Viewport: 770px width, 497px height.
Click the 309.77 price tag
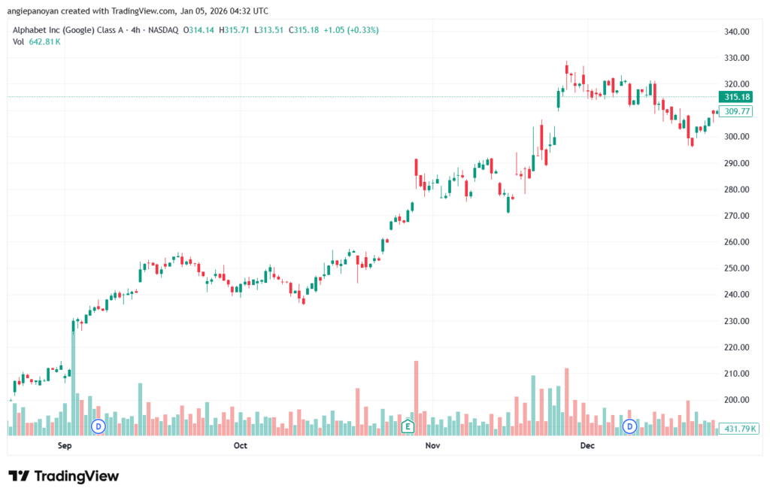pos(735,111)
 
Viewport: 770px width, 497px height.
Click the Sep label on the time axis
pos(64,446)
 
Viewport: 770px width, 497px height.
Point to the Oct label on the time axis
pos(240,446)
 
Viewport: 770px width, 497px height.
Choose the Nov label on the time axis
pos(432,446)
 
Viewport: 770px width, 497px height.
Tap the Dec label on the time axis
pos(588,446)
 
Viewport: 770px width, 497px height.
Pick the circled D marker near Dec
pos(629,427)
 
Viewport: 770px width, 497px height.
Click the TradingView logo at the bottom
pos(63,476)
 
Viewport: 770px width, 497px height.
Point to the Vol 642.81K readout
pos(37,41)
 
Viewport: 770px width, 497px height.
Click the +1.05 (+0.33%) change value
pos(352,30)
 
